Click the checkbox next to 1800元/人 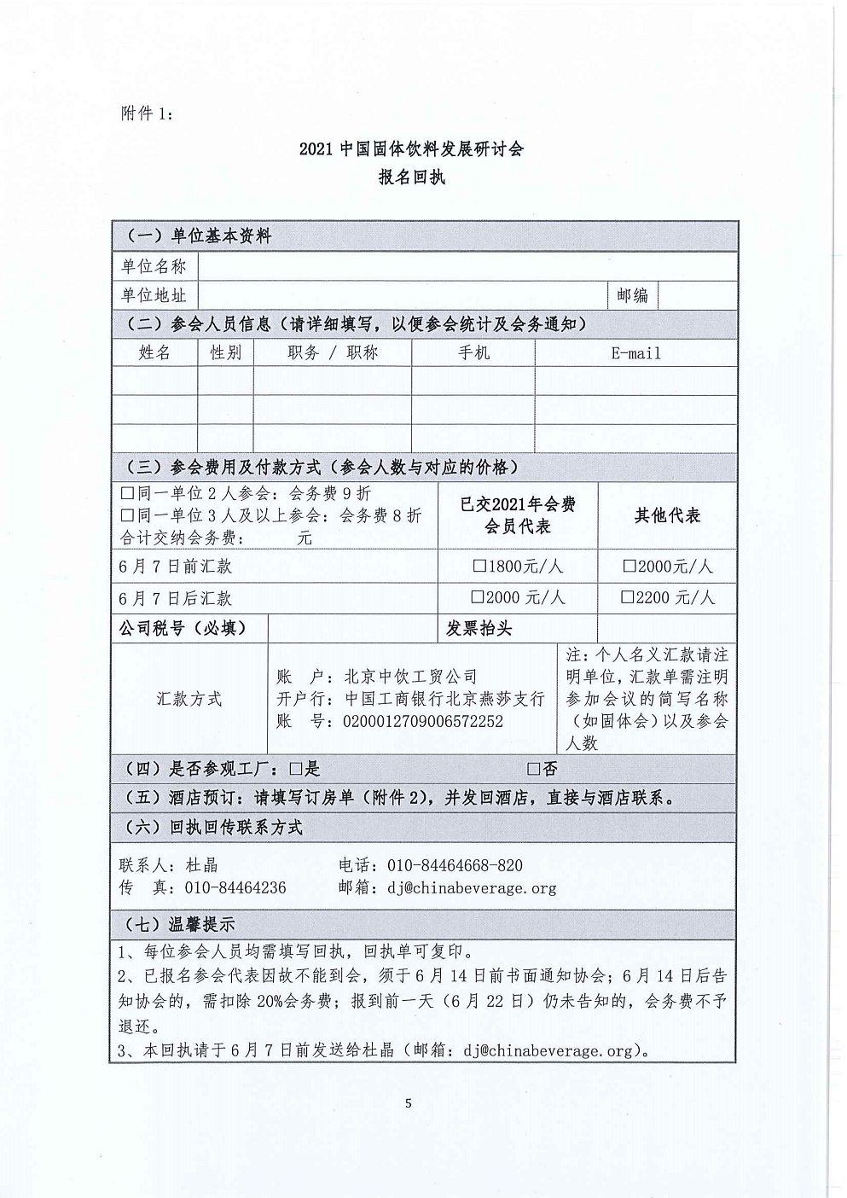pos(480,567)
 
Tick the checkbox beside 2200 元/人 pos(629,598)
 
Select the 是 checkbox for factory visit pos(296,770)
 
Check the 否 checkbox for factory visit pos(534,770)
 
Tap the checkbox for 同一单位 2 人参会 pos(128,493)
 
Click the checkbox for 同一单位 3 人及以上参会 pos(128,515)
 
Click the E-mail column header pos(635,353)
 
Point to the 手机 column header pos(473,353)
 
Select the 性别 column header pos(225,353)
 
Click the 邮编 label pos(632,295)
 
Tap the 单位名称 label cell pos(154,266)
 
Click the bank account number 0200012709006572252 pos(423,721)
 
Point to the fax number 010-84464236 pos(235,887)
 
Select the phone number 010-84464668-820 pos(455,865)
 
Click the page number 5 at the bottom pos(409,1103)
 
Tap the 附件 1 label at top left pos(147,113)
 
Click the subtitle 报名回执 pos(412,177)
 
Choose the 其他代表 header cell pos(667,515)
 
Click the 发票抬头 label pos(479,629)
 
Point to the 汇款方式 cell pos(189,699)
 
